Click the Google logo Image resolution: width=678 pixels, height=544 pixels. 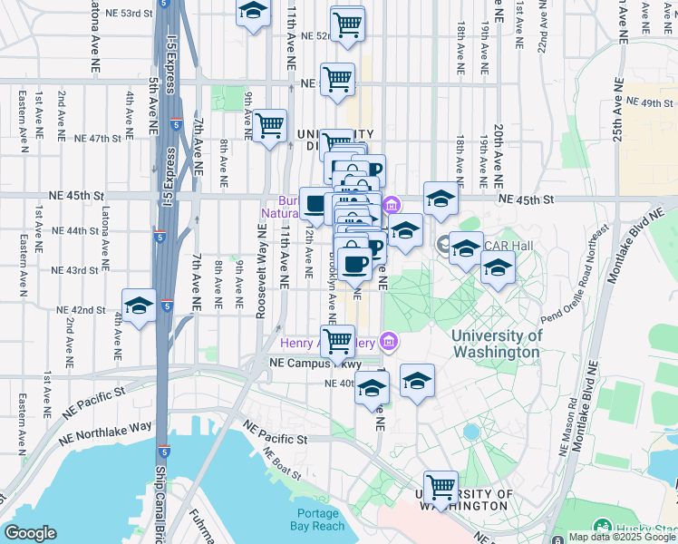click(30, 533)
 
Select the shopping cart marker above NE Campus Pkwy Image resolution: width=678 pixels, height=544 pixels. click(338, 341)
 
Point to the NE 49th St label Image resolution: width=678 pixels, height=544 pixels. click(653, 103)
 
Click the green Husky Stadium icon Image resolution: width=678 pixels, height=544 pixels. click(602, 527)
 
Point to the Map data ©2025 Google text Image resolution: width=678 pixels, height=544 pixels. click(622, 537)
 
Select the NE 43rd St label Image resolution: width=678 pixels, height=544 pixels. click(75, 270)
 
